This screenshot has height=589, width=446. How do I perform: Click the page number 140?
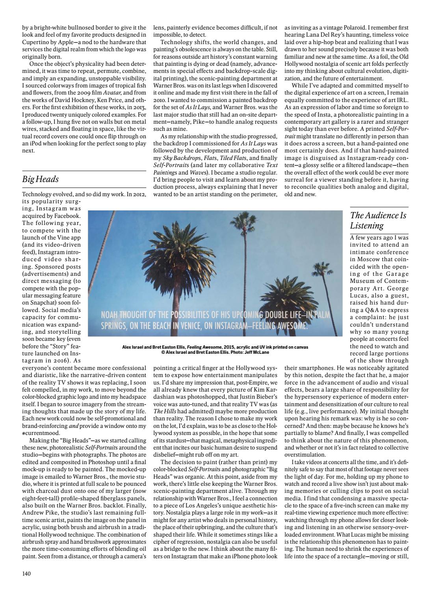coord(26,573)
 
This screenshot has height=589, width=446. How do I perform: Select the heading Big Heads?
coord(41,179)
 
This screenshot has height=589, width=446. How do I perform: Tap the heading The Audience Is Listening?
coord(378,220)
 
